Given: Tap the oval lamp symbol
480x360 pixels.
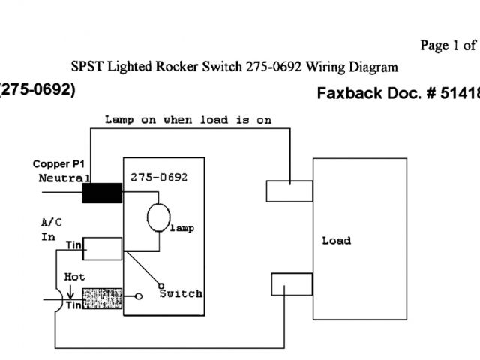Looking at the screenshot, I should (x=158, y=216).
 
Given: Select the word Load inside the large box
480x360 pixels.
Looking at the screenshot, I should (x=336, y=241).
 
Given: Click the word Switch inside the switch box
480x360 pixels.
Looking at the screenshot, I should (x=181, y=293).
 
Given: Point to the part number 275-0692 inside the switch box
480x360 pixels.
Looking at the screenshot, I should (x=158, y=178).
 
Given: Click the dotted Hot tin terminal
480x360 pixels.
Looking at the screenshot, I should (x=102, y=297).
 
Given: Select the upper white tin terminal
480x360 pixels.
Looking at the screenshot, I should (x=103, y=247).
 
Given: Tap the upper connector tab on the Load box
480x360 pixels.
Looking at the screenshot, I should (x=289, y=190).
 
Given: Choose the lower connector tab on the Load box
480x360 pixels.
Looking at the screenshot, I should (x=291, y=285).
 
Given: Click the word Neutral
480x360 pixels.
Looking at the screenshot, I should (x=64, y=178).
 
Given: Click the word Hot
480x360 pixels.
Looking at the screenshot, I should (x=75, y=276).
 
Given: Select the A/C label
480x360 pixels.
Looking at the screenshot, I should (x=52, y=222).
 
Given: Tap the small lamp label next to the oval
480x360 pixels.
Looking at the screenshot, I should (x=182, y=228).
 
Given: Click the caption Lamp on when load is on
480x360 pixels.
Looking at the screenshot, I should (x=187, y=120).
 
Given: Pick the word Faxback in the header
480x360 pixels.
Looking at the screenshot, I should (x=346, y=94).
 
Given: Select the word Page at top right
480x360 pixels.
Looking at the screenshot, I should (x=433, y=46).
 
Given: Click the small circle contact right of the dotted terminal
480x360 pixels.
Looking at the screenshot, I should (x=139, y=297).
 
